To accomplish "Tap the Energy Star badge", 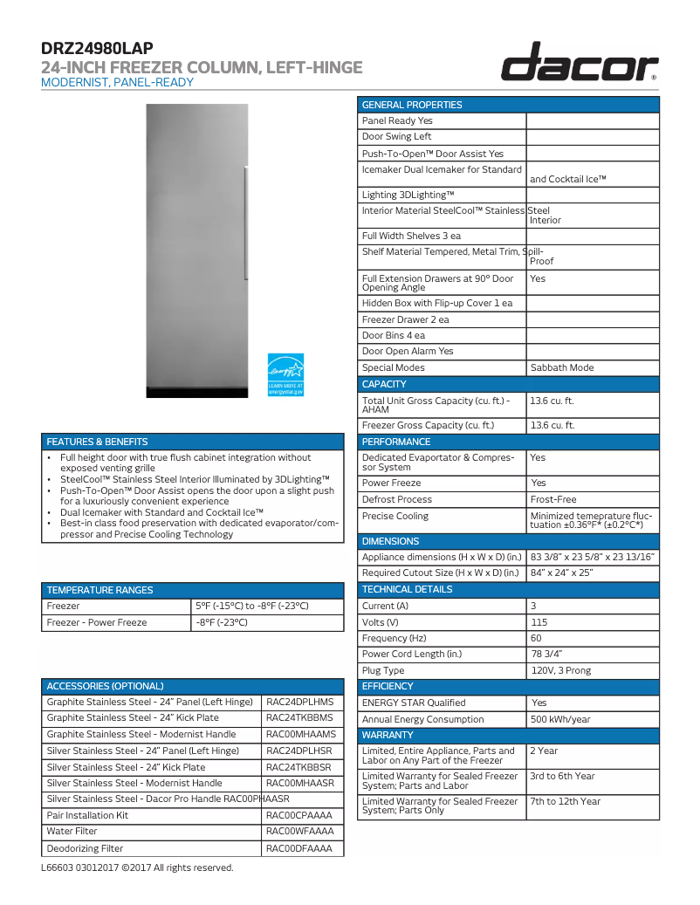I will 285,374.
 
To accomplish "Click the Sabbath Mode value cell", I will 593,367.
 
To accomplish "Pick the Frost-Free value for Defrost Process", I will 593,499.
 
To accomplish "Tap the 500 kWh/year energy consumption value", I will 593,719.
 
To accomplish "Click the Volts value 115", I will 593,622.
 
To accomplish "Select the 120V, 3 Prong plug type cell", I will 593,670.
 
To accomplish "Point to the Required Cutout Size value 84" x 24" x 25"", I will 593,572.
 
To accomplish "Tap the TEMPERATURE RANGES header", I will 100,590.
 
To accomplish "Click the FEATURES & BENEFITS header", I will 98,442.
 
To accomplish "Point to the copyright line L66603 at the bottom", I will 137,867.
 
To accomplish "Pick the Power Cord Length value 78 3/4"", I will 593,654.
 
